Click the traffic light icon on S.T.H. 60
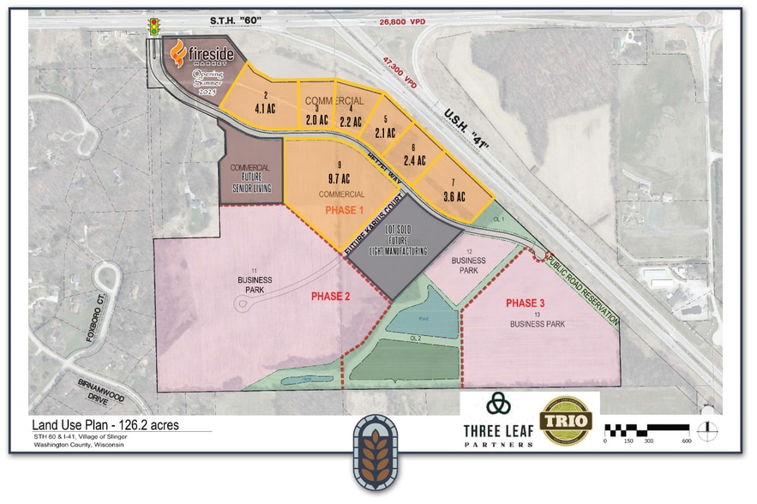point(154,25)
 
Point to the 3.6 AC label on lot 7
point(454,196)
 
